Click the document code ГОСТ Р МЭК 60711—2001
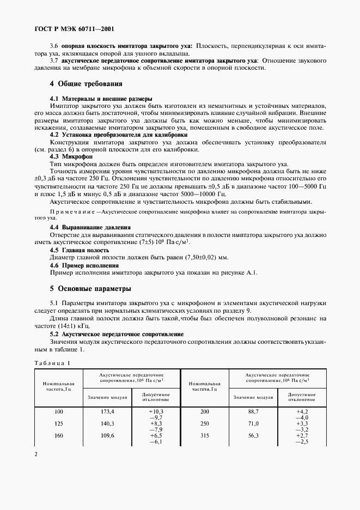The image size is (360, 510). click(x=74, y=29)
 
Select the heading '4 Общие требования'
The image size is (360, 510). click(x=86, y=84)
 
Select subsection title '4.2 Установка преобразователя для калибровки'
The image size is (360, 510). click(x=119, y=134)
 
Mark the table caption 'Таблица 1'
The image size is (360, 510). click(x=53, y=363)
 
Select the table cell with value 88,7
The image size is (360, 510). click(x=253, y=411)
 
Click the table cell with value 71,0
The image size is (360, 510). click(x=253, y=423)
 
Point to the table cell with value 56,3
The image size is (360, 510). click(x=253, y=435)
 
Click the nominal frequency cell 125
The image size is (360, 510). click(x=58, y=423)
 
